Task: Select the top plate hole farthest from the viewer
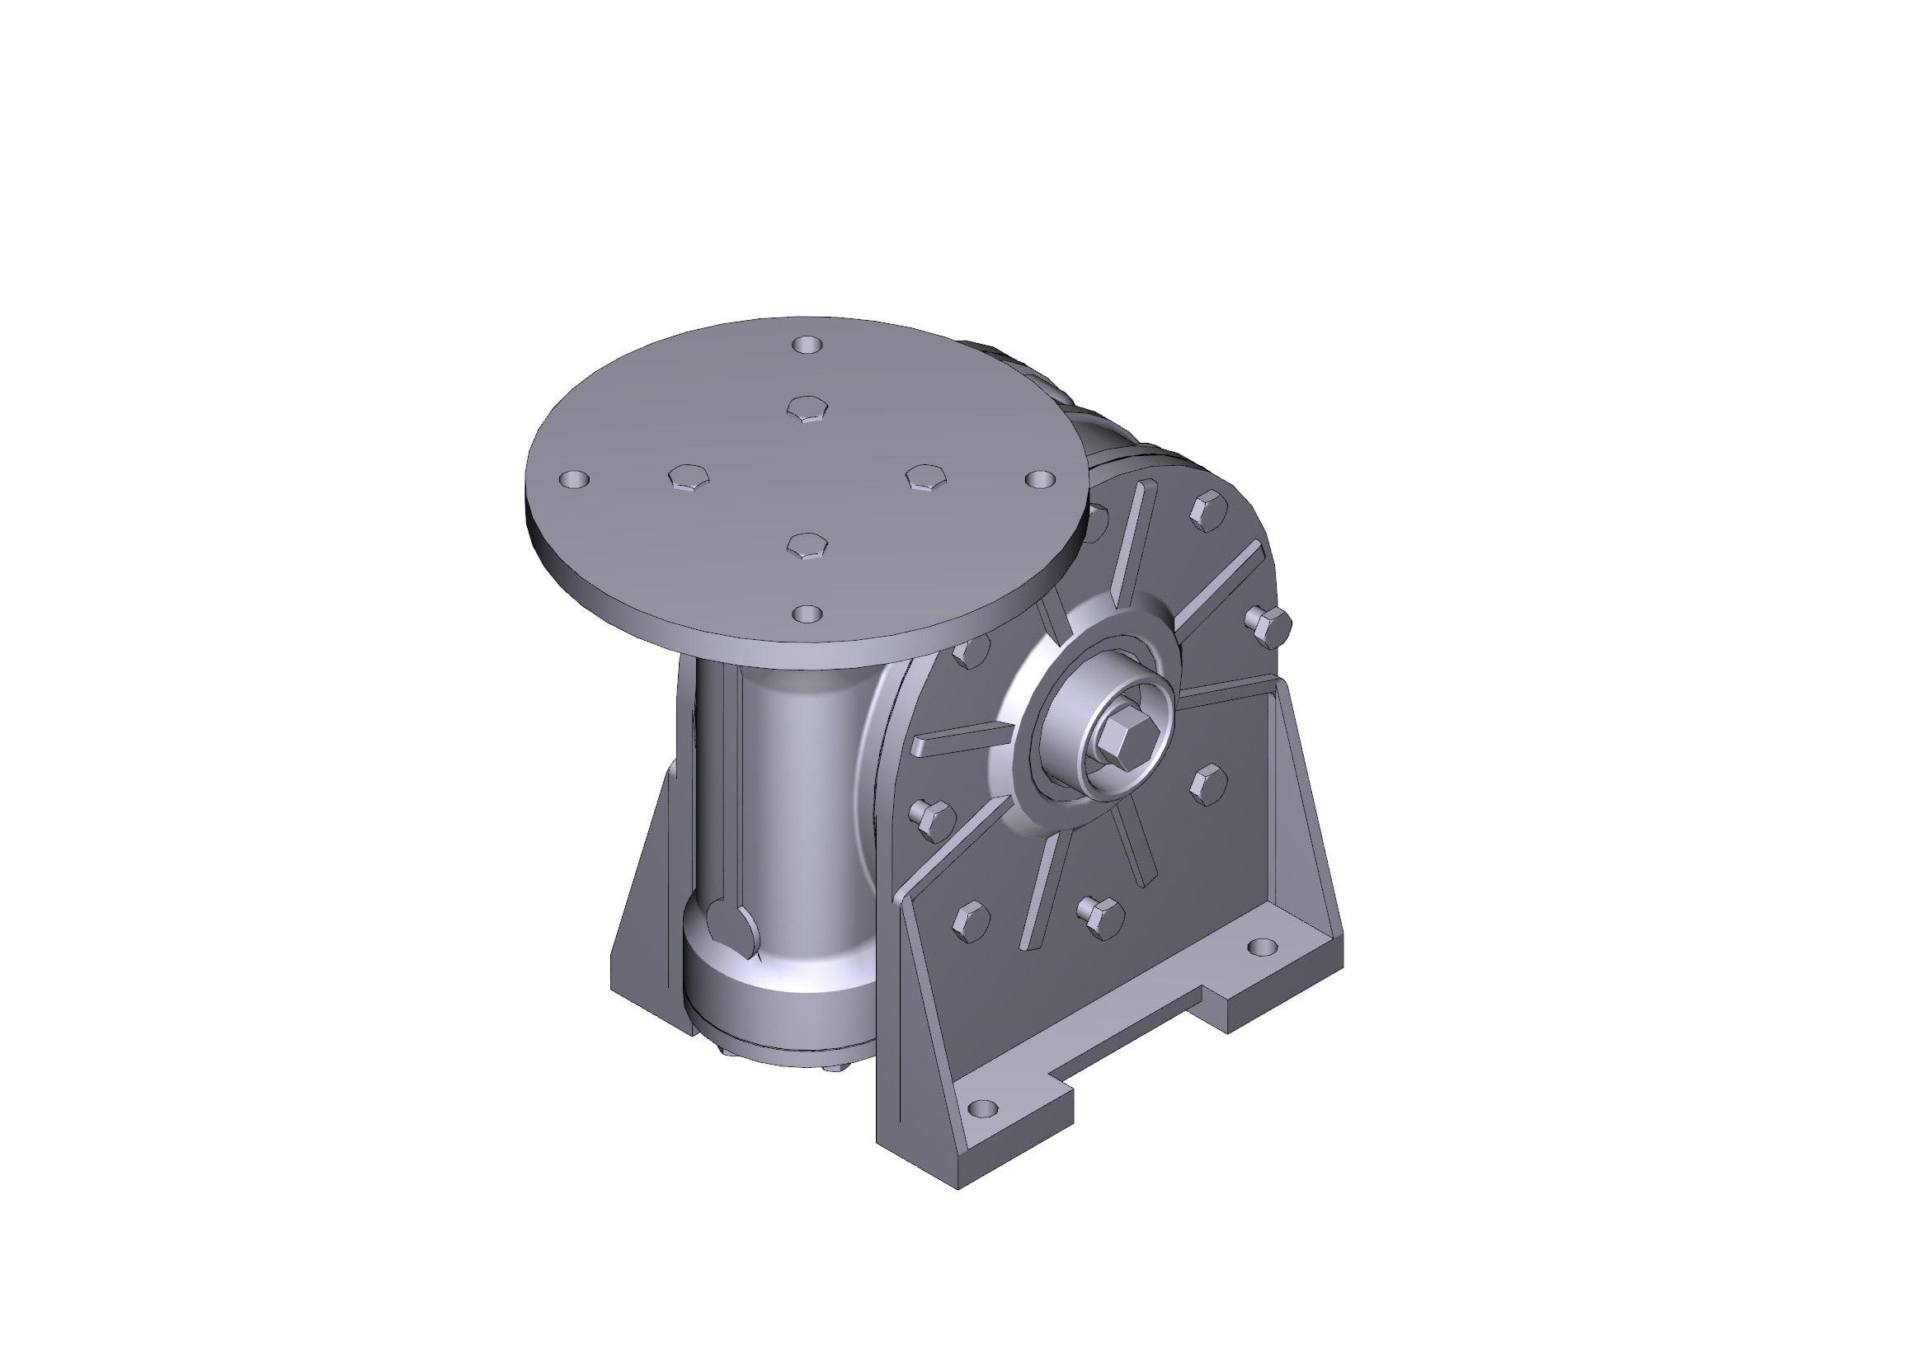pyautogui.click(x=808, y=346)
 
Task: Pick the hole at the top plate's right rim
pyautogui.click(x=1040, y=479)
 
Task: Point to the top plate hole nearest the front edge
pyautogui.click(x=807, y=614)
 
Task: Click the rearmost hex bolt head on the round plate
pyautogui.click(x=807, y=409)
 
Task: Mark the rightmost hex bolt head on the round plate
pyautogui.click(x=925, y=478)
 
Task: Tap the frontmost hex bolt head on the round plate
pyautogui.click(x=807, y=545)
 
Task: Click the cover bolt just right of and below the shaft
pyautogui.click(x=1209, y=783)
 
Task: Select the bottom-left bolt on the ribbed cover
pyautogui.click(x=972, y=920)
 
